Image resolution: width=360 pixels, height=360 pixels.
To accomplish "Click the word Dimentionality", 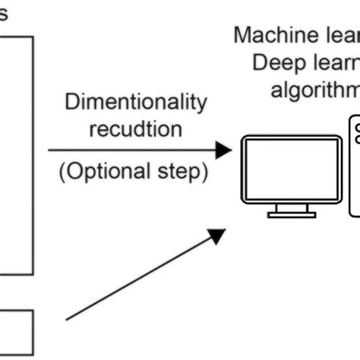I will coord(135,103).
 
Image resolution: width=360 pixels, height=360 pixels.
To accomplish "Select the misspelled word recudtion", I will coord(135,128).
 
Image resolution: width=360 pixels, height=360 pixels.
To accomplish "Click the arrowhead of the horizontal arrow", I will coord(223,150).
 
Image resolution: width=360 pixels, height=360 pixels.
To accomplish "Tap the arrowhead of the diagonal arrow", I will coord(219,236).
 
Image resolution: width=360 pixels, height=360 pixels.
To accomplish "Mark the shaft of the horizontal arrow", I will coord(129,150).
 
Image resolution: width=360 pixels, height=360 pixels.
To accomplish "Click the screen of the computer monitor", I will coord(291,169).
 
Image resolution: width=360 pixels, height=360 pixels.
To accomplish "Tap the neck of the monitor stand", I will coord(291,207).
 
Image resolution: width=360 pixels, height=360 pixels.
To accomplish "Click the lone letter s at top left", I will coord(4,14).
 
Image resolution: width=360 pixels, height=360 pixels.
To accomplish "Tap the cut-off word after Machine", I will coord(338,35).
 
